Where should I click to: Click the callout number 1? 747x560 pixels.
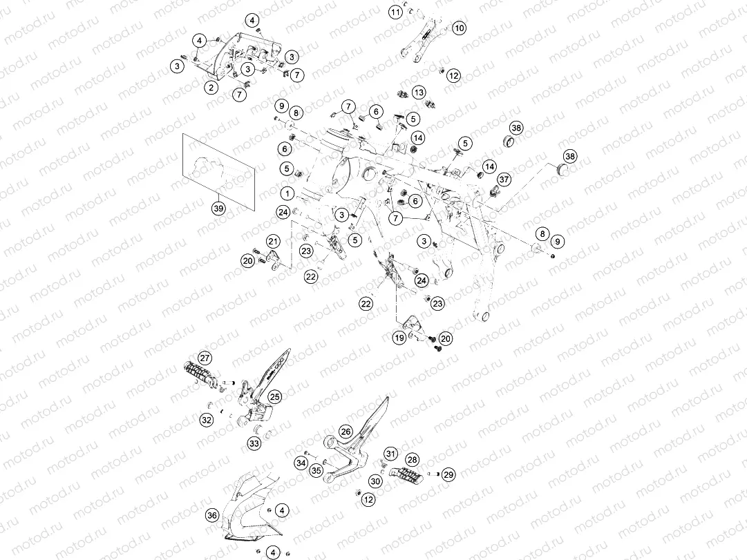point(287,193)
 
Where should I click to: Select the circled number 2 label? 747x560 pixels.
point(211,87)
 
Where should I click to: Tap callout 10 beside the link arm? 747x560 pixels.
point(460,28)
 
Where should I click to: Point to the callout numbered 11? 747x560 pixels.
point(395,12)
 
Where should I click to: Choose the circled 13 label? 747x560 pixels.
point(419,92)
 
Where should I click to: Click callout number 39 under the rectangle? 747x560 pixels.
point(218,209)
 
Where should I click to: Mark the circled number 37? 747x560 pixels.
point(504,180)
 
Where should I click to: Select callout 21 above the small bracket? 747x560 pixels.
point(274,241)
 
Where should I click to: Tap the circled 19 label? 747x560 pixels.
point(399,338)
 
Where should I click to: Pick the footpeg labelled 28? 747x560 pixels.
point(406,473)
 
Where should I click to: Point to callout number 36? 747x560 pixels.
point(212,515)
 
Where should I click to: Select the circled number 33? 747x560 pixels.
point(254,443)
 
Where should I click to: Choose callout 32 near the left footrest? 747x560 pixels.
point(207,420)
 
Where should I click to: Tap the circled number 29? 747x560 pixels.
point(448,474)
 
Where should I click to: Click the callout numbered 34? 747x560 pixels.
point(301,463)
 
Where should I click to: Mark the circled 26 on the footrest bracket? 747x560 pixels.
point(346,432)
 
